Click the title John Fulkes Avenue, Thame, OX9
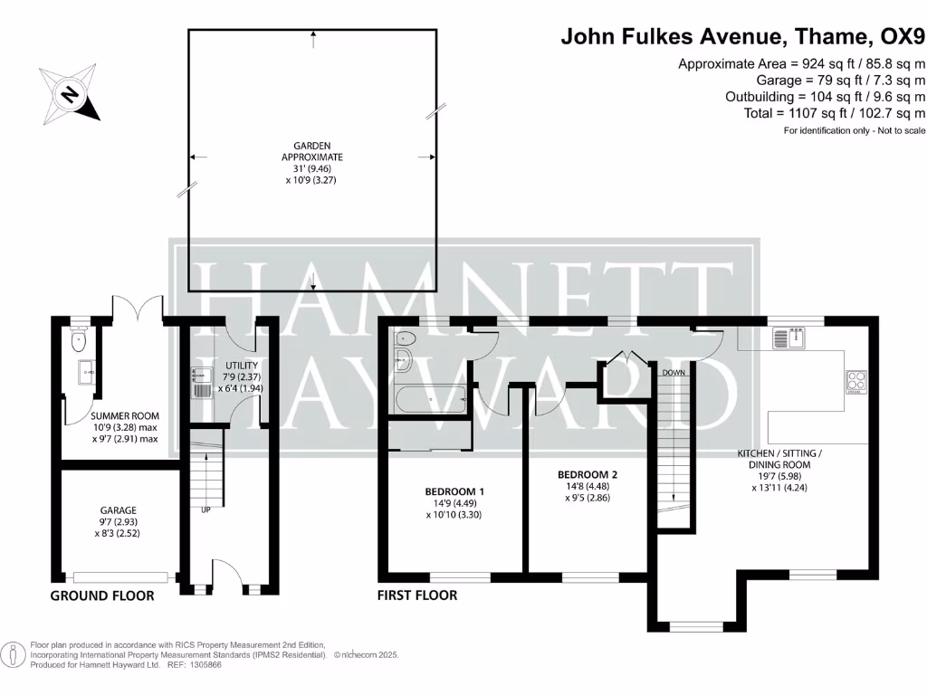click(x=743, y=37)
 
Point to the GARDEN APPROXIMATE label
click(x=311, y=151)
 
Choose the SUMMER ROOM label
click(x=123, y=416)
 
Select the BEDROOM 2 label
click(x=588, y=474)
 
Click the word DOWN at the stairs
click(x=673, y=373)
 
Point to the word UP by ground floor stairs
click(x=205, y=509)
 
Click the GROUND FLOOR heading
click(x=101, y=595)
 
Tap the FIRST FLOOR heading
click(x=417, y=595)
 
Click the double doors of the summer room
click(x=137, y=308)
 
